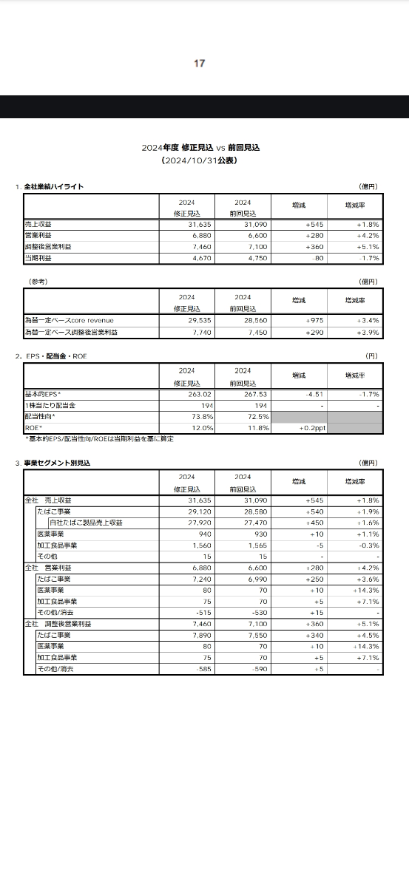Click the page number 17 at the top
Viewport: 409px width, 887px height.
coord(199,64)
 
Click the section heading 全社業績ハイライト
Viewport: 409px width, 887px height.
coord(53,186)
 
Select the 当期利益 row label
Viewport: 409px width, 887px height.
coord(38,258)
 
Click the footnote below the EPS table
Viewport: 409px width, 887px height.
coord(100,439)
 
